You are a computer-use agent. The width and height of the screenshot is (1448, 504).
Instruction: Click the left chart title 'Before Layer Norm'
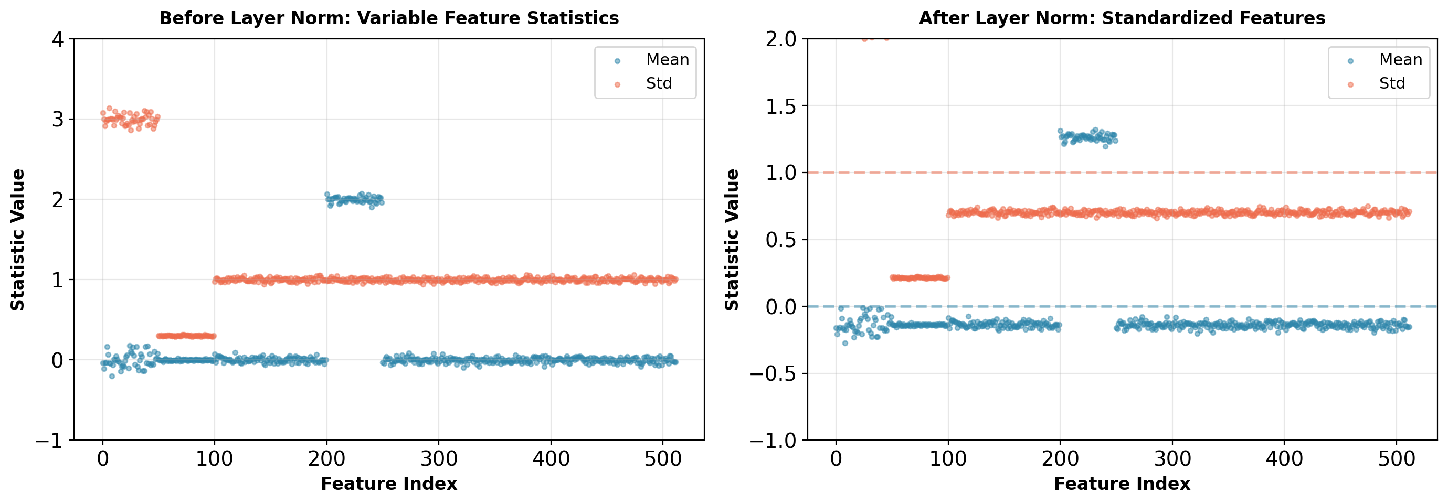[388, 18]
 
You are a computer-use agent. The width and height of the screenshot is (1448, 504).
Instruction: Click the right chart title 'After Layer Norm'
[1122, 18]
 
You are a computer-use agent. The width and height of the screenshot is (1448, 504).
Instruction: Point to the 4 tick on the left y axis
[57, 39]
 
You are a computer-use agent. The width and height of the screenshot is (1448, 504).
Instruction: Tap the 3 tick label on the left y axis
[57, 120]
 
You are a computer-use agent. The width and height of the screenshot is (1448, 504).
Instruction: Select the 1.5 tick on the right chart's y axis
[781, 106]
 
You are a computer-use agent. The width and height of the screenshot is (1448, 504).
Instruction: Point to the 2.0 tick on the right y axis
[781, 39]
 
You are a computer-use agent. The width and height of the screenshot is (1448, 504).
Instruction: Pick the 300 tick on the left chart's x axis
[438, 459]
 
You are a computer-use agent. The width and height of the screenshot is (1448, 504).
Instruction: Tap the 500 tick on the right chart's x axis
[1396, 459]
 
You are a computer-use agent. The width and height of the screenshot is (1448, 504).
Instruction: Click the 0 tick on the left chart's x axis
[103, 459]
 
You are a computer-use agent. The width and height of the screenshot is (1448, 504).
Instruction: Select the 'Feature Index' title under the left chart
[388, 484]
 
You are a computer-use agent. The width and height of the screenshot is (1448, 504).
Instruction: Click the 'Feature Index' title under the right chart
[1122, 484]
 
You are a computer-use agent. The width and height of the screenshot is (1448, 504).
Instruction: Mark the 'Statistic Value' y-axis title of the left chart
[18, 239]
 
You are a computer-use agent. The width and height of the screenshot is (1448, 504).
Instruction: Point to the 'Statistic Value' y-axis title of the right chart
[731, 239]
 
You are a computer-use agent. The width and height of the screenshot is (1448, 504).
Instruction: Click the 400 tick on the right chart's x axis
[1284, 459]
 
